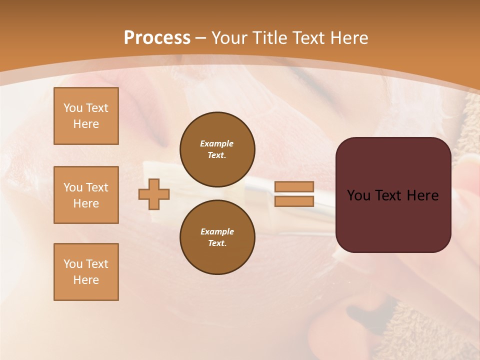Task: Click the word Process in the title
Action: click(x=157, y=38)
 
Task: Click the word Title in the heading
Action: click(x=269, y=38)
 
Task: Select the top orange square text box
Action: click(x=86, y=116)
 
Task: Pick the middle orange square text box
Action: click(x=86, y=195)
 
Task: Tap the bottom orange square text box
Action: click(x=86, y=272)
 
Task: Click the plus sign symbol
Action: click(x=154, y=194)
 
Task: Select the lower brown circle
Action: click(x=217, y=237)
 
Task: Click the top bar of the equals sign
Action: click(x=294, y=187)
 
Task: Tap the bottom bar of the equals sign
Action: click(x=294, y=201)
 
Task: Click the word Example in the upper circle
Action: click(x=217, y=143)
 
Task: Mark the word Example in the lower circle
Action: click(x=217, y=231)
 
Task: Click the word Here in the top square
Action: click(x=86, y=124)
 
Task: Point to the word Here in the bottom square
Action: click(x=86, y=280)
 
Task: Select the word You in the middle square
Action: click(x=73, y=187)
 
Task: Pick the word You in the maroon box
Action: click(x=358, y=195)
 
